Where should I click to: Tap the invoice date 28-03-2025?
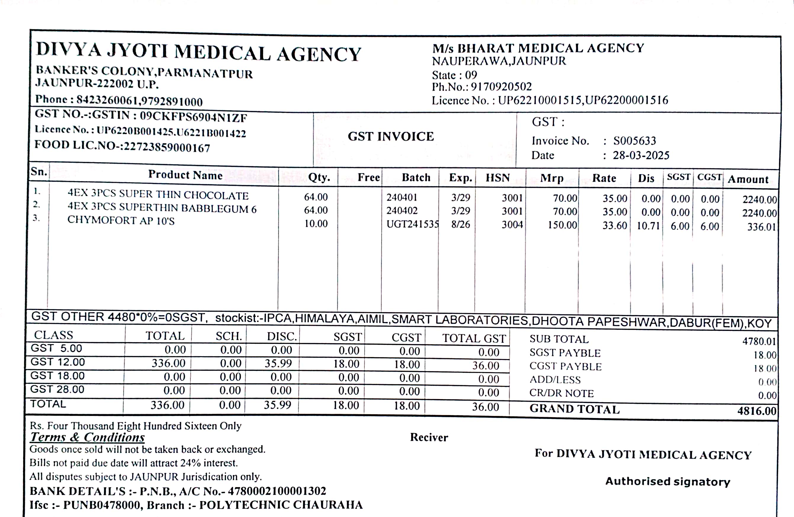pyautogui.click(x=641, y=156)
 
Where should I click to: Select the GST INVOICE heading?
pyautogui.click(x=391, y=137)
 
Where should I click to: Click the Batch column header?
pyautogui.click(x=416, y=177)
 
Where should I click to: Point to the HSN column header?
pyautogui.click(x=498, y=177)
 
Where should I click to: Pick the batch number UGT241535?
pyautogui.click(x=412, y=224)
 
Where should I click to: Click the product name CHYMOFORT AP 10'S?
pyautogui.click(x=121, y=220)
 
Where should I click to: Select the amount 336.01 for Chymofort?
pyautogui.click(x=761, y=227)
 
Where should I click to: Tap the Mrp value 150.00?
pyautogui.click(x=562, y=225)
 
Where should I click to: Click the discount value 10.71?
pyautogui.click(x=648, y=226)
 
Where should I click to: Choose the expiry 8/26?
pyautogui.click(x=461, y=224)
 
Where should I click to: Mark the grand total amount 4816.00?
pyautogui.click(x=757, y=411)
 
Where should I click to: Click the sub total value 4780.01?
pyautogui.click(x=759, y=341)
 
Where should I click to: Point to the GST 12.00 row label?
pyautogui.click(x=58, y=362)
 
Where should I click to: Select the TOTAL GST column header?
pyautogui.click(x=474, y=338)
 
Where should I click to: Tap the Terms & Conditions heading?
pyautogui.click(x=87, y=437)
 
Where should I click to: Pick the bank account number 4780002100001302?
pyautogui.click(x=277, y=491)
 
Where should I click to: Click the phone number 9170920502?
pyautogui.click(x=501, y=87)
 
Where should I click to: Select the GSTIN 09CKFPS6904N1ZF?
pyautogui.click(x=193, y=116)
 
